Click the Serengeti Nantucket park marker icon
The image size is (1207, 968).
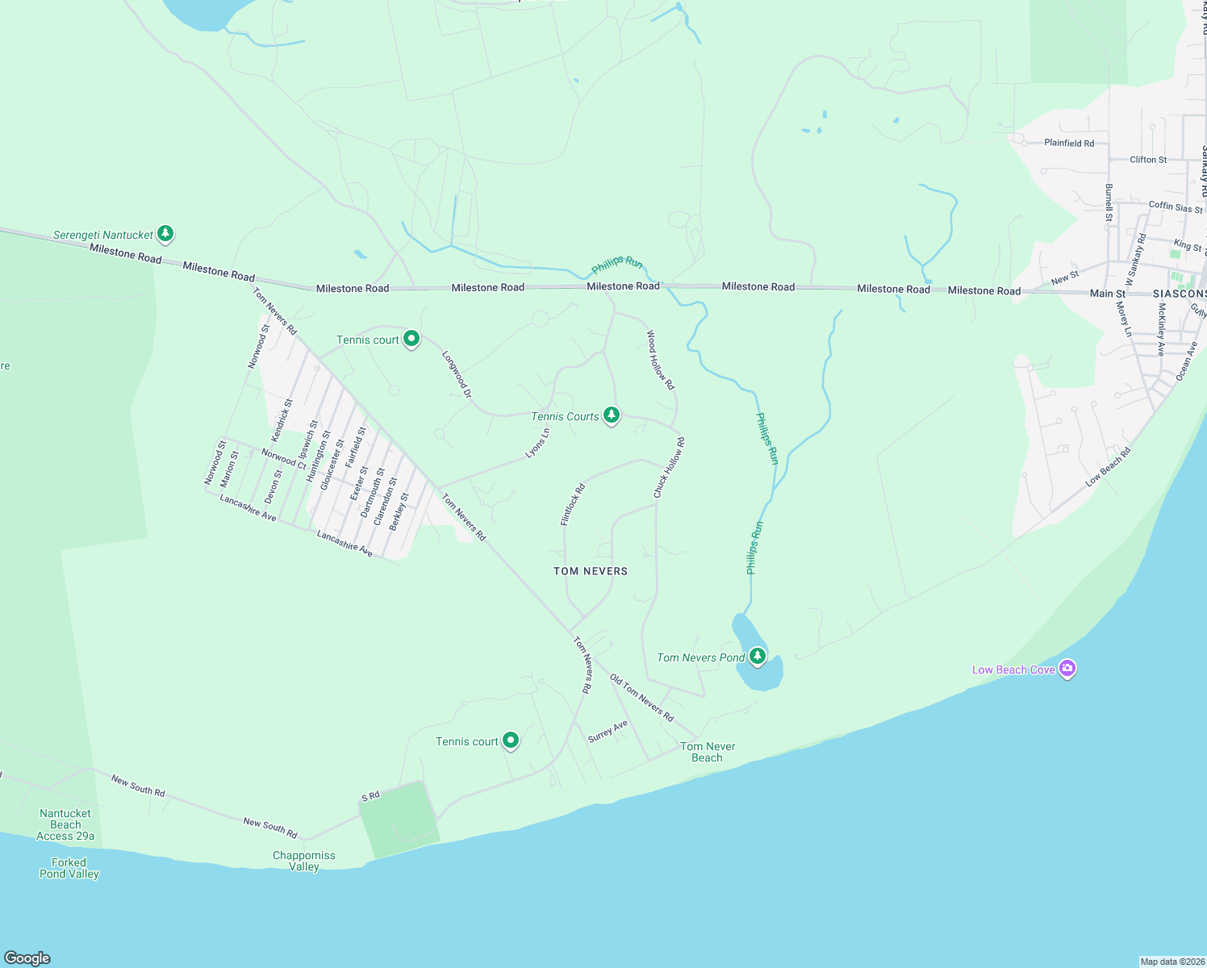[165, 234]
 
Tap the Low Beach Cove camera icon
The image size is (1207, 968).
[1067, 669]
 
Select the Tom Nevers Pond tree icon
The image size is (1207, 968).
[757, 656]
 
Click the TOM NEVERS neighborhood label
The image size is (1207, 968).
[591, 571]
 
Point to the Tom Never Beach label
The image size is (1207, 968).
[708, 752]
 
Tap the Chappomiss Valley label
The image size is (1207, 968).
[304, 861]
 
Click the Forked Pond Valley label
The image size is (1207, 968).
[69, 868]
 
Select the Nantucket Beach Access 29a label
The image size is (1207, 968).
[65, 824]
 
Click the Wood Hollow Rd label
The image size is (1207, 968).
[660, 360]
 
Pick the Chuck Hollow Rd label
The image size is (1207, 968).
[670, 468]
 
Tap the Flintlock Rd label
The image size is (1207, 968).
[573, 505]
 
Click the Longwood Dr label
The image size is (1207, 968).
[457, 373]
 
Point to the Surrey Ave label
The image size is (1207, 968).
[608, 731]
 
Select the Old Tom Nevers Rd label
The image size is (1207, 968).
[641, 697]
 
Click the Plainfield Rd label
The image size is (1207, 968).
[1069, 143]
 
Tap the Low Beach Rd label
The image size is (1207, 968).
[1109, 467]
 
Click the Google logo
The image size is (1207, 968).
[27, 958]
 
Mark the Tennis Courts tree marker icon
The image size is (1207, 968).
[612, 415]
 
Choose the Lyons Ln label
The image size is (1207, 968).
[537, 443]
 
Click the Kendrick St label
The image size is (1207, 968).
[282, 420]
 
